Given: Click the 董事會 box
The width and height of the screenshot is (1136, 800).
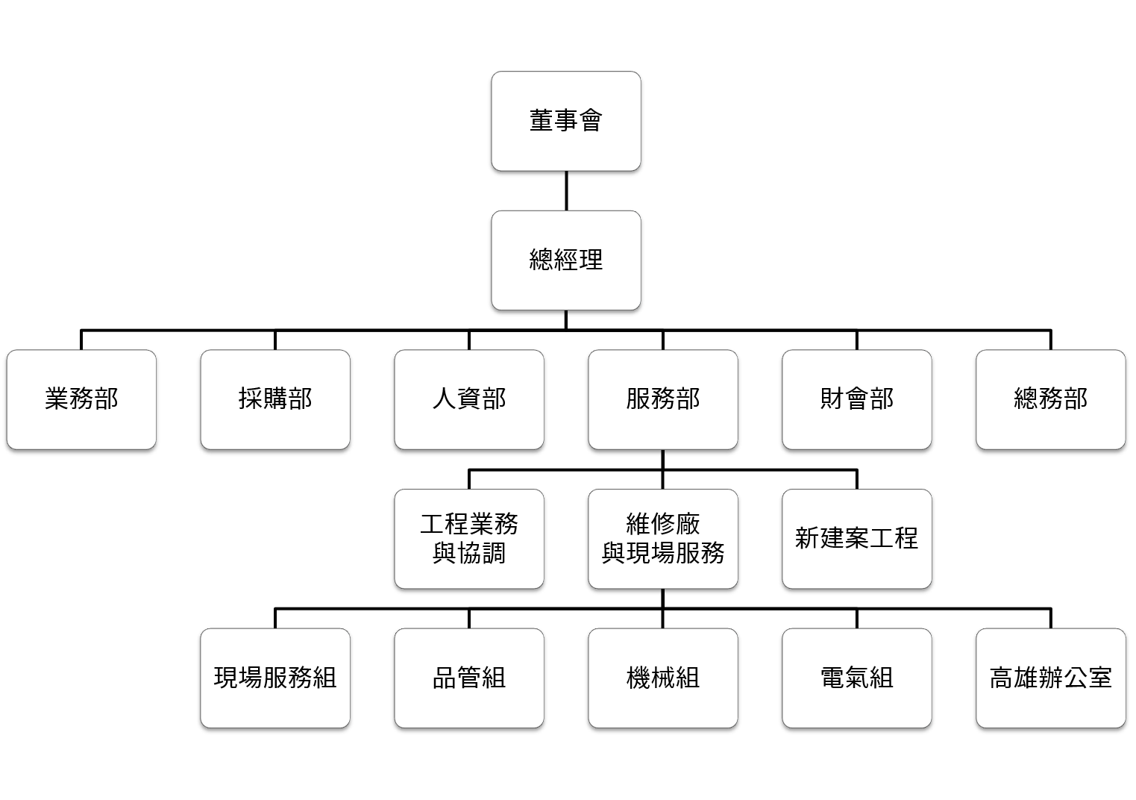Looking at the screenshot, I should (x=565, y=121).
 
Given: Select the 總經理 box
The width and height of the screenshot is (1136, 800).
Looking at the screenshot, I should (x=565, y=260).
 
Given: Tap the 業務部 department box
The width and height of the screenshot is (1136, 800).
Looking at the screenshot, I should (x=81, y=399).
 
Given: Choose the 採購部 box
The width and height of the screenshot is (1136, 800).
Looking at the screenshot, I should (x=275, y=399).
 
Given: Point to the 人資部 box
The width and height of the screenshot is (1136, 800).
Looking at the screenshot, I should (x=469, y=399).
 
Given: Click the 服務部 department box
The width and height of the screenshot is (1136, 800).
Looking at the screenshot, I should (x=663, y=399).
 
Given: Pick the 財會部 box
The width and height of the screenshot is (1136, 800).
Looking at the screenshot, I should (x=857, y=399).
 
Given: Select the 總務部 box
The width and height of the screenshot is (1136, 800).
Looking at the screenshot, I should (x=1051, y=399).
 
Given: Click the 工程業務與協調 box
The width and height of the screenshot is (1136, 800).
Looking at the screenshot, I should (x=469, y=539).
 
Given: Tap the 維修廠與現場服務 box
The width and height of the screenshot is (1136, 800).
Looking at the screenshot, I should (x=663, y=539).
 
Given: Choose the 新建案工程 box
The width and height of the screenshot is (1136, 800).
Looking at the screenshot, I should (x=857, y=539).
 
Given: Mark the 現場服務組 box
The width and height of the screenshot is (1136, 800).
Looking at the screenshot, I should (x=275, y=678).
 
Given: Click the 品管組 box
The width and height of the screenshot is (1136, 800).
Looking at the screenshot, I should (x=469, y=678).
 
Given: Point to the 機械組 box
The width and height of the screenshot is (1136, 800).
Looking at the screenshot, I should (x=663, y=678).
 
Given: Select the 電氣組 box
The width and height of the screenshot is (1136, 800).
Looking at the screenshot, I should (x=857, y=678).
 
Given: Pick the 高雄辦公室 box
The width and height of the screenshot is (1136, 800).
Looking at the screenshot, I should (x=1051, y=678).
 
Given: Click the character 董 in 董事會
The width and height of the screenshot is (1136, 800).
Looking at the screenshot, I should (x=542, y=121).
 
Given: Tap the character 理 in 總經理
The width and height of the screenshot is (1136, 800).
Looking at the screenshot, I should (x=591, y=260).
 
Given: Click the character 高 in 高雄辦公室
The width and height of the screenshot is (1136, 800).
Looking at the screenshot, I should (x=1001, y=678).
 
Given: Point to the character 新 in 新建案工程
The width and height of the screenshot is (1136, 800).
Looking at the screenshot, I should (x=807, y=539).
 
